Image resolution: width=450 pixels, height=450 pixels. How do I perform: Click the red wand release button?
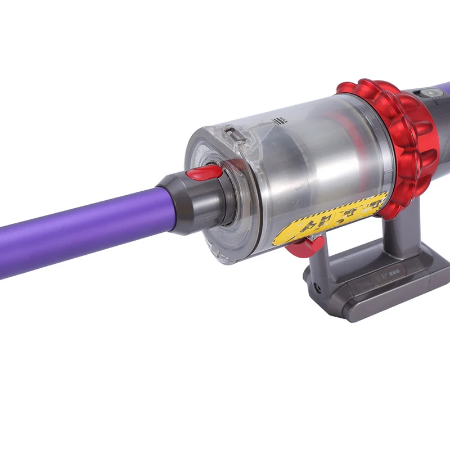204,173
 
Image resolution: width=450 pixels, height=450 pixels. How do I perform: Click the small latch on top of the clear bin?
231,135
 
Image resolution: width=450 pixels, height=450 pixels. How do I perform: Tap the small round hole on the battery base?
319,287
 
